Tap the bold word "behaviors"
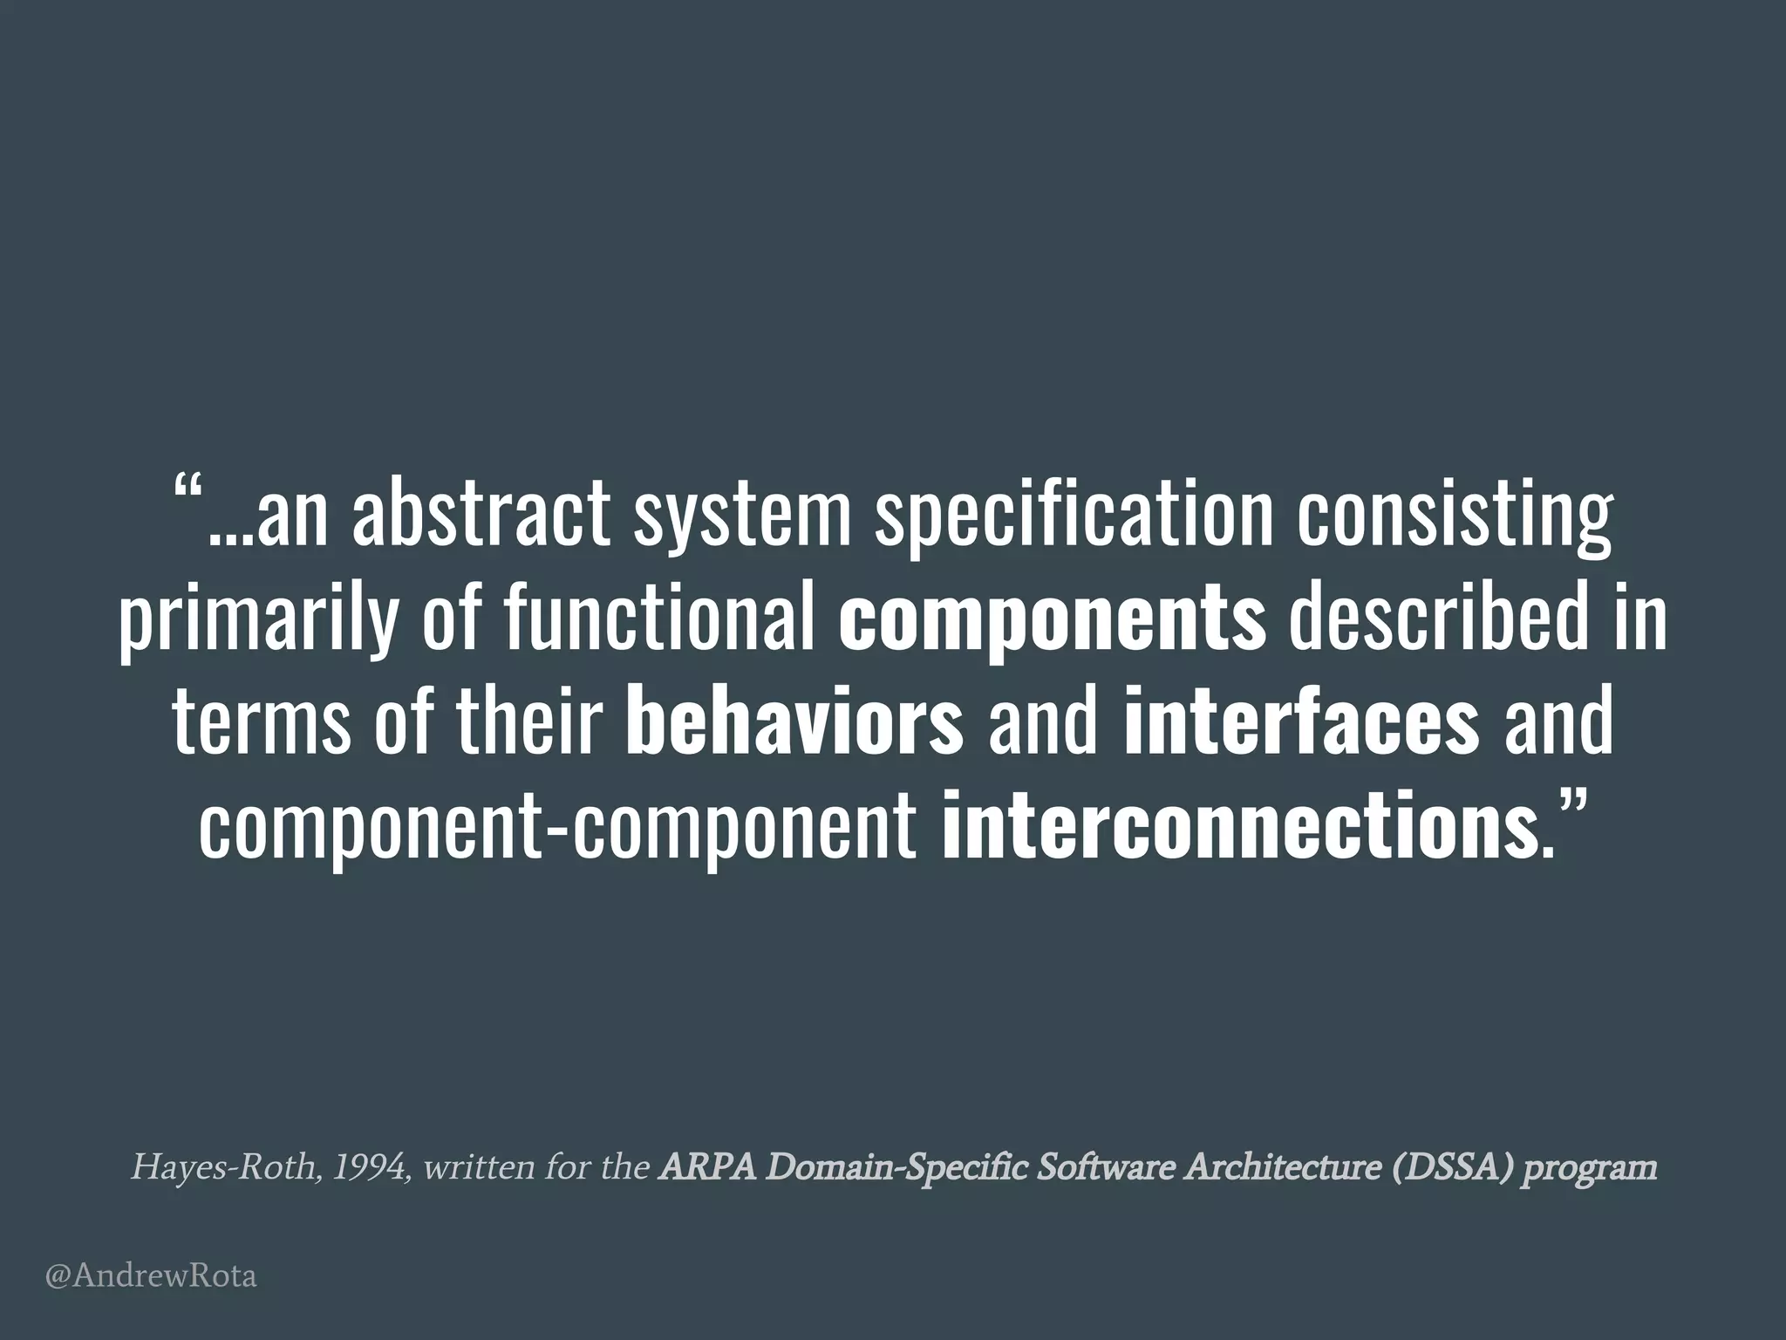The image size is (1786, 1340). point(794,723)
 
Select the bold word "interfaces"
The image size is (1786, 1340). point(1302,723)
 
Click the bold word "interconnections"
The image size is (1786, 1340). point(1238,828)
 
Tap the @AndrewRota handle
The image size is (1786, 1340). point(151,1277)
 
